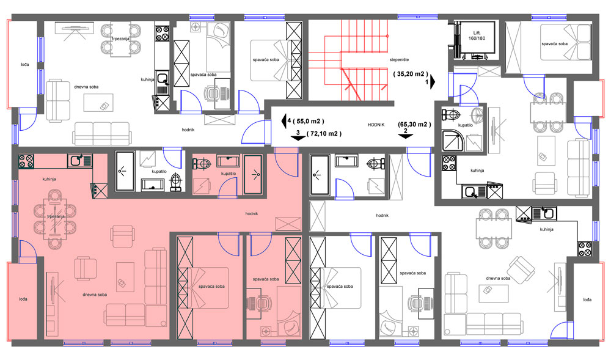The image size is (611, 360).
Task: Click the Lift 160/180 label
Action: coord(477,35)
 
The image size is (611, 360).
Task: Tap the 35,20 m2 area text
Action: coord(411,73)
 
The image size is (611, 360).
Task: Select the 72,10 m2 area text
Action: coord(324,134)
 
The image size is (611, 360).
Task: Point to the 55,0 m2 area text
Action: coord(308,121)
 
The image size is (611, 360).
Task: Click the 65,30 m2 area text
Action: coord(414,124)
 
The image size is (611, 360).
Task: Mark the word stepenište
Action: coord(399,60)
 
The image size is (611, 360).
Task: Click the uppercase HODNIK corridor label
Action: coord(376,125)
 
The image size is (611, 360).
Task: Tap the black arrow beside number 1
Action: coord(433,83)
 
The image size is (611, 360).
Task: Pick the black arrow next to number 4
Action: coord(284,121)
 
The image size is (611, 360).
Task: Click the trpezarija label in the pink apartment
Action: coord(56,216)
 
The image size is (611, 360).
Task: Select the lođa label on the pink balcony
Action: coord(23,299)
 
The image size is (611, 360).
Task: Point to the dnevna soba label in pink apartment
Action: coord(95,295)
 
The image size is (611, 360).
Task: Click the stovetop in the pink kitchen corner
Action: coord(26,161)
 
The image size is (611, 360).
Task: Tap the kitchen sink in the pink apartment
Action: coord(79,161)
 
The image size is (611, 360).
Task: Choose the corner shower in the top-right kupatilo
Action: coord(452,140)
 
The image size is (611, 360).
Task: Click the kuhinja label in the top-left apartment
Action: coord(148,79)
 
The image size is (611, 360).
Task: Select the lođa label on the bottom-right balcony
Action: coord(587,299)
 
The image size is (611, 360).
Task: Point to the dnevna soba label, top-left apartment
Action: coord(86,87)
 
